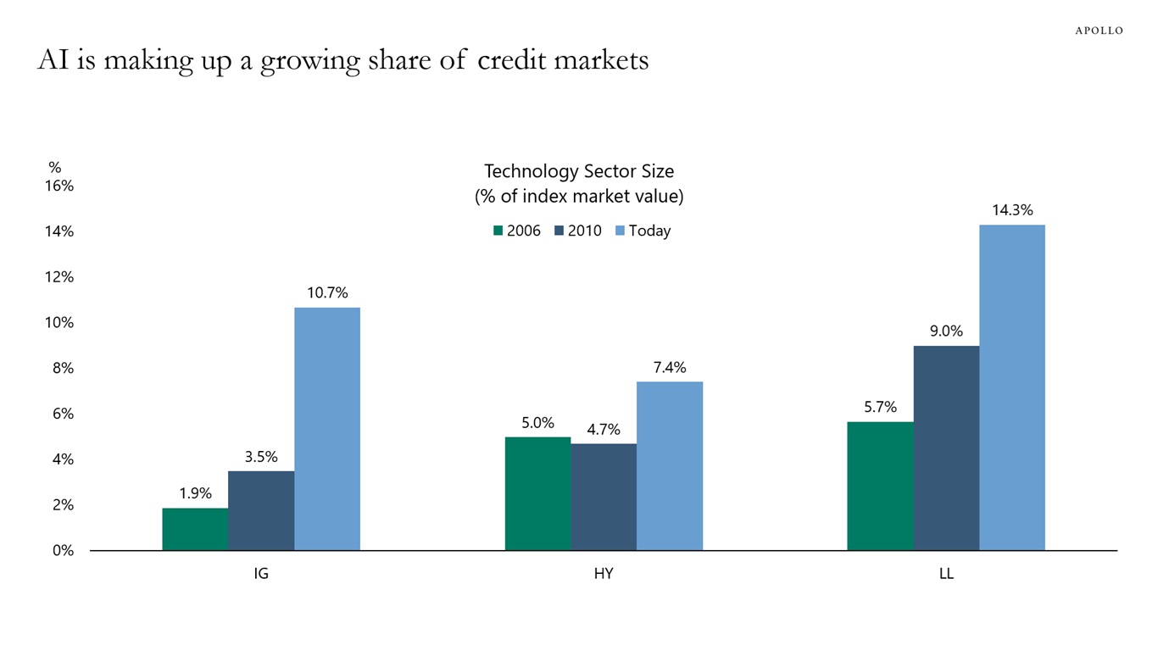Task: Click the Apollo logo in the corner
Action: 1099,31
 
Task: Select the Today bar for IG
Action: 327,428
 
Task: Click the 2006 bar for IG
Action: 195,529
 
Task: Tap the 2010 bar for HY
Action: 604,497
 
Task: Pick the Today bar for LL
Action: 1012,387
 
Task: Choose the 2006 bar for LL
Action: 880,486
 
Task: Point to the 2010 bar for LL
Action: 946,448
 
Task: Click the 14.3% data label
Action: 1012,210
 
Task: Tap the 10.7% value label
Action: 327,292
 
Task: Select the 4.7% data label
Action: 604,429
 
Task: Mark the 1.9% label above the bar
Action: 195,493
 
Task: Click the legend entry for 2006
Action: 516,231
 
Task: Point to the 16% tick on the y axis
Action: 59,186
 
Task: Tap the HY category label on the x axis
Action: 604,574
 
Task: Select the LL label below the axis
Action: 946,574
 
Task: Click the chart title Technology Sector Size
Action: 579,171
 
